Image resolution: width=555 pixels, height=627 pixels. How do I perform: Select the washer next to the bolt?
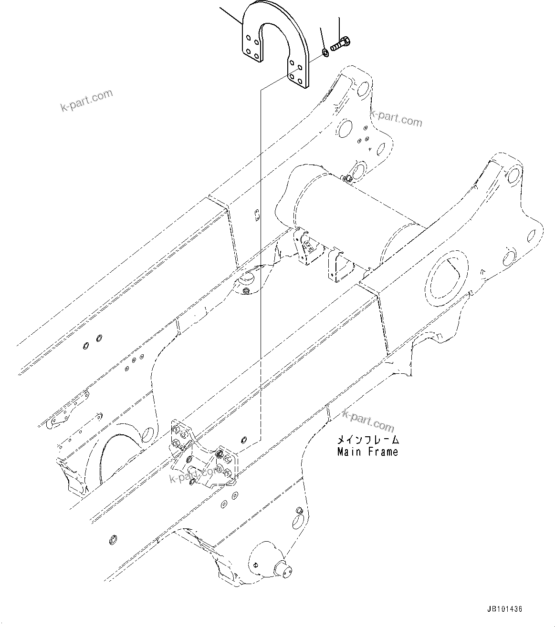tap(325, 51)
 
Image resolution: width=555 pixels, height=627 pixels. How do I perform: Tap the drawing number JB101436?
tap(504, 609)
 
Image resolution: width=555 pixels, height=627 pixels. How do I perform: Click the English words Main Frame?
tap(367, 451)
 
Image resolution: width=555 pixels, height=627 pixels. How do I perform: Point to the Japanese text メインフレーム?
tap(367, 440)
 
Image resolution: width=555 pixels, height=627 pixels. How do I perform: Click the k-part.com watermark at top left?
tap(87, 100)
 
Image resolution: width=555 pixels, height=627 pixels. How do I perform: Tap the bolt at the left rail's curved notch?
tap(246, 291)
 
